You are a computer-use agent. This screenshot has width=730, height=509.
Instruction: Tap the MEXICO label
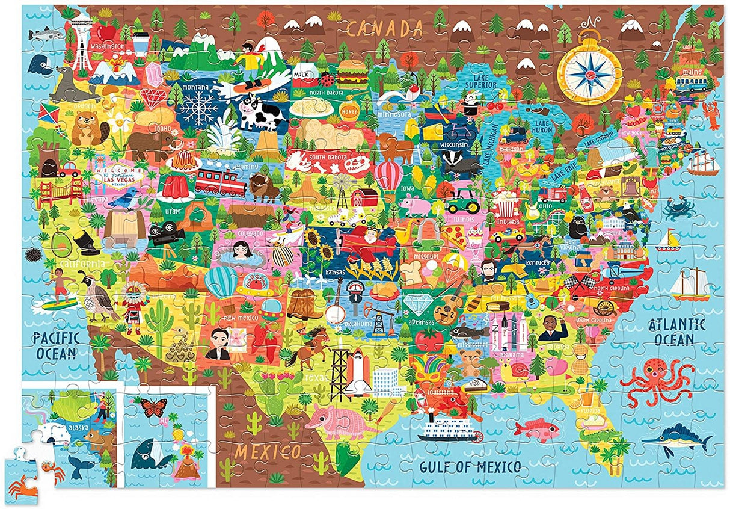(x=268, y=451)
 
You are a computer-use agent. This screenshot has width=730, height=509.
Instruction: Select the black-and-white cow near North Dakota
(x=263, y=113)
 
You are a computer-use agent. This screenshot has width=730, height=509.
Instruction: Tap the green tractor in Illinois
(x=462, y=201)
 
